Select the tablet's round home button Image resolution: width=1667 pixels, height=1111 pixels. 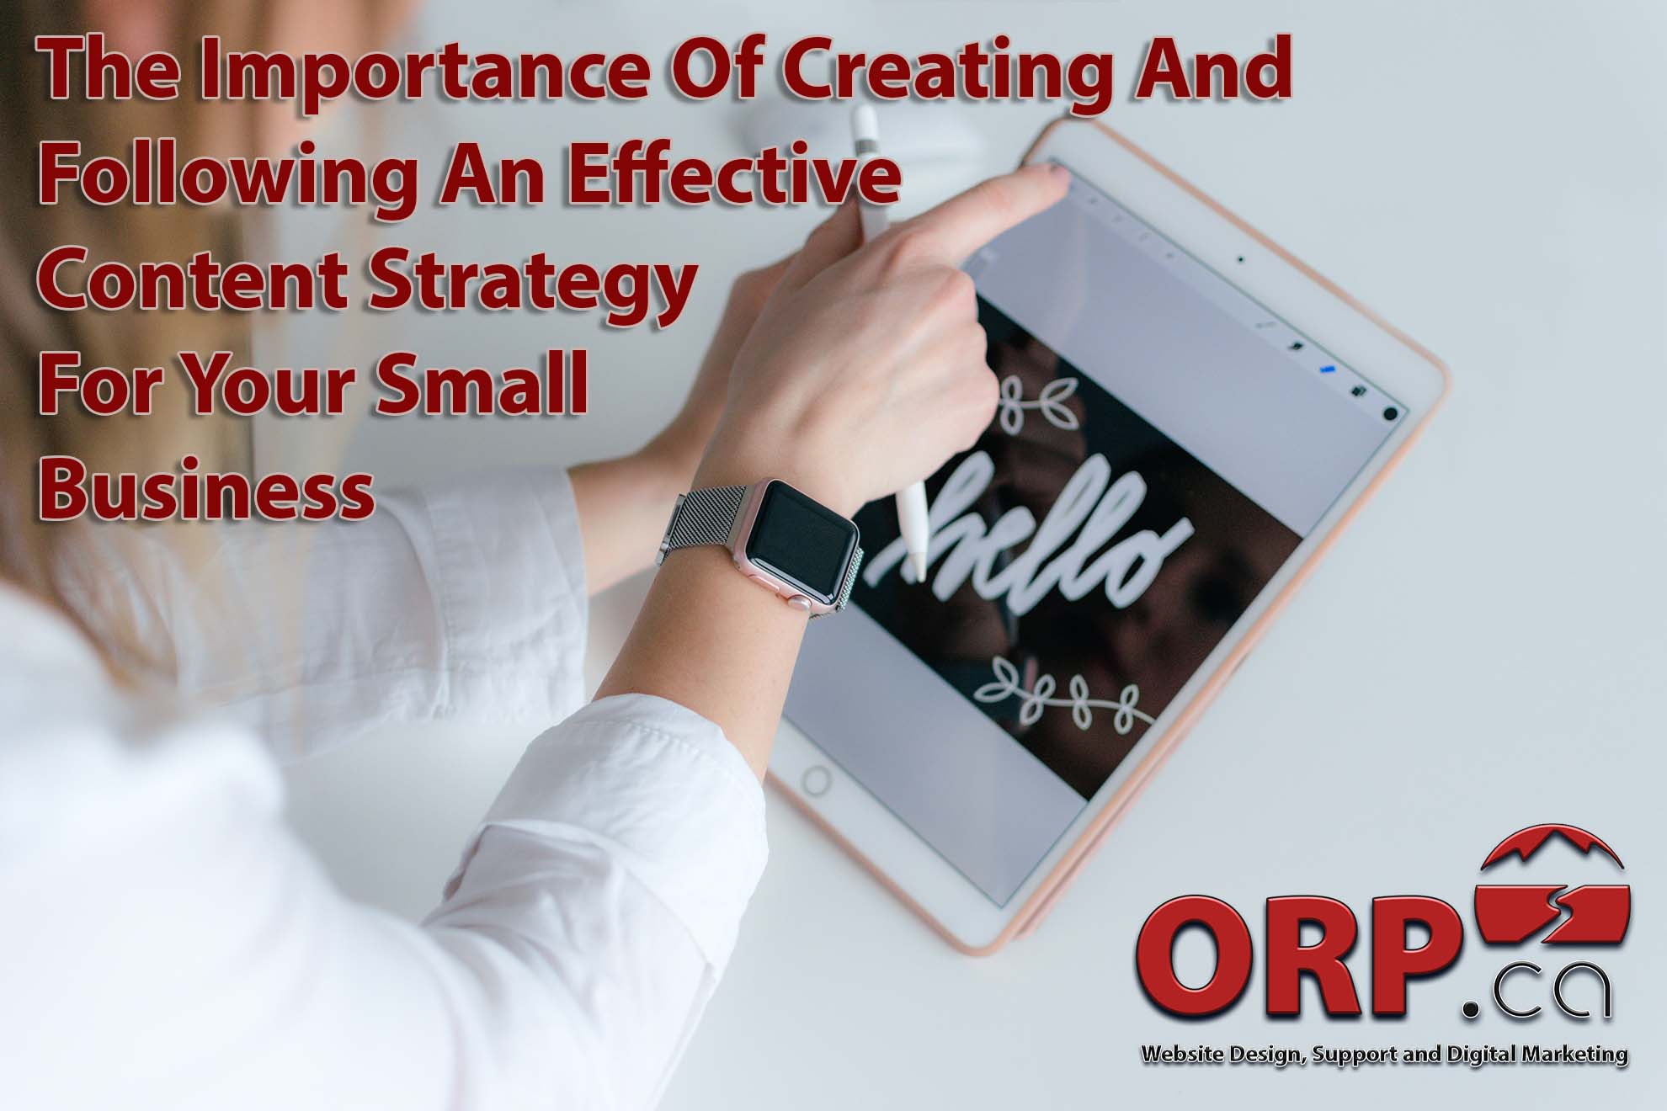[815, 781]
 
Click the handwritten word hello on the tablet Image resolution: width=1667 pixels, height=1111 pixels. [1036, 539]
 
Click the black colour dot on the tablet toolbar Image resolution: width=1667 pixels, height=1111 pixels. [1390, 413]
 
